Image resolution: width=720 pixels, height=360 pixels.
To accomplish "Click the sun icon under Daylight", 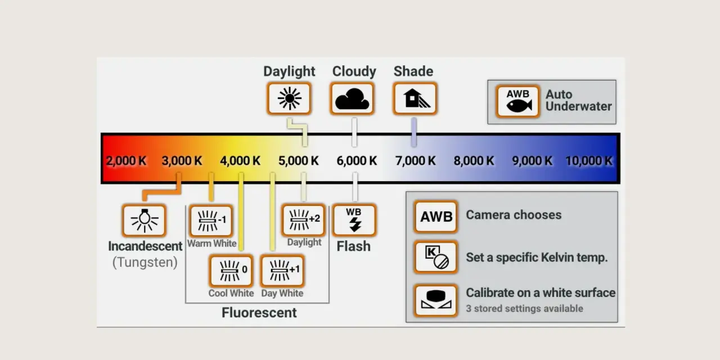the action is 289,98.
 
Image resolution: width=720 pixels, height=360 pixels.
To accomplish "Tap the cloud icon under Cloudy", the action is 352,98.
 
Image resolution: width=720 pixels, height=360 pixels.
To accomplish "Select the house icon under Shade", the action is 415,98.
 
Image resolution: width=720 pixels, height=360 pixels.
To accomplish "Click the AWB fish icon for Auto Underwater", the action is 517,101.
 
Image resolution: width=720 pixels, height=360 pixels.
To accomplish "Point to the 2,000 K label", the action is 126,161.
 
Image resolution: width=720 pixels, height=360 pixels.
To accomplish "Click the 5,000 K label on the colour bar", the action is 298,161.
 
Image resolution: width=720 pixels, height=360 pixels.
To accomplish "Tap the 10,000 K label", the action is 589,161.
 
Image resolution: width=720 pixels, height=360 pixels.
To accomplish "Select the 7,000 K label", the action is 415,161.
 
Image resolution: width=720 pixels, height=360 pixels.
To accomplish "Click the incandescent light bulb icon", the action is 144,220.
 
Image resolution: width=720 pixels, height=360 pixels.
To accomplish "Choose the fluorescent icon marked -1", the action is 211,220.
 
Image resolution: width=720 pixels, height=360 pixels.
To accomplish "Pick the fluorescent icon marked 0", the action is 231,271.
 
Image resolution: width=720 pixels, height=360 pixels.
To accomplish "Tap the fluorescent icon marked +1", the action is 282,271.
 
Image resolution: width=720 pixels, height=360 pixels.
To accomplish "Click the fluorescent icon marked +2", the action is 304,220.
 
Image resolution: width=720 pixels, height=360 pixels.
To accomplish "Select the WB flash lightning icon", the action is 354,220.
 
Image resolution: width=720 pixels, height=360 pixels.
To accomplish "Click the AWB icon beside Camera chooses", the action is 436,217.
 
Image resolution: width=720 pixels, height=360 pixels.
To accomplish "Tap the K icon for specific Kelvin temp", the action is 436,257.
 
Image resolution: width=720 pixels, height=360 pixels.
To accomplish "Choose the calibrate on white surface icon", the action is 436,300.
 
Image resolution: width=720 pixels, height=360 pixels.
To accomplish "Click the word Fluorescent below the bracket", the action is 259,313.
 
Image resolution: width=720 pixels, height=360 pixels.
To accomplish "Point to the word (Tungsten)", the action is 145,262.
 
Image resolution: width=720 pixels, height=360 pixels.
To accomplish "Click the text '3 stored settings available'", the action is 525,309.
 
